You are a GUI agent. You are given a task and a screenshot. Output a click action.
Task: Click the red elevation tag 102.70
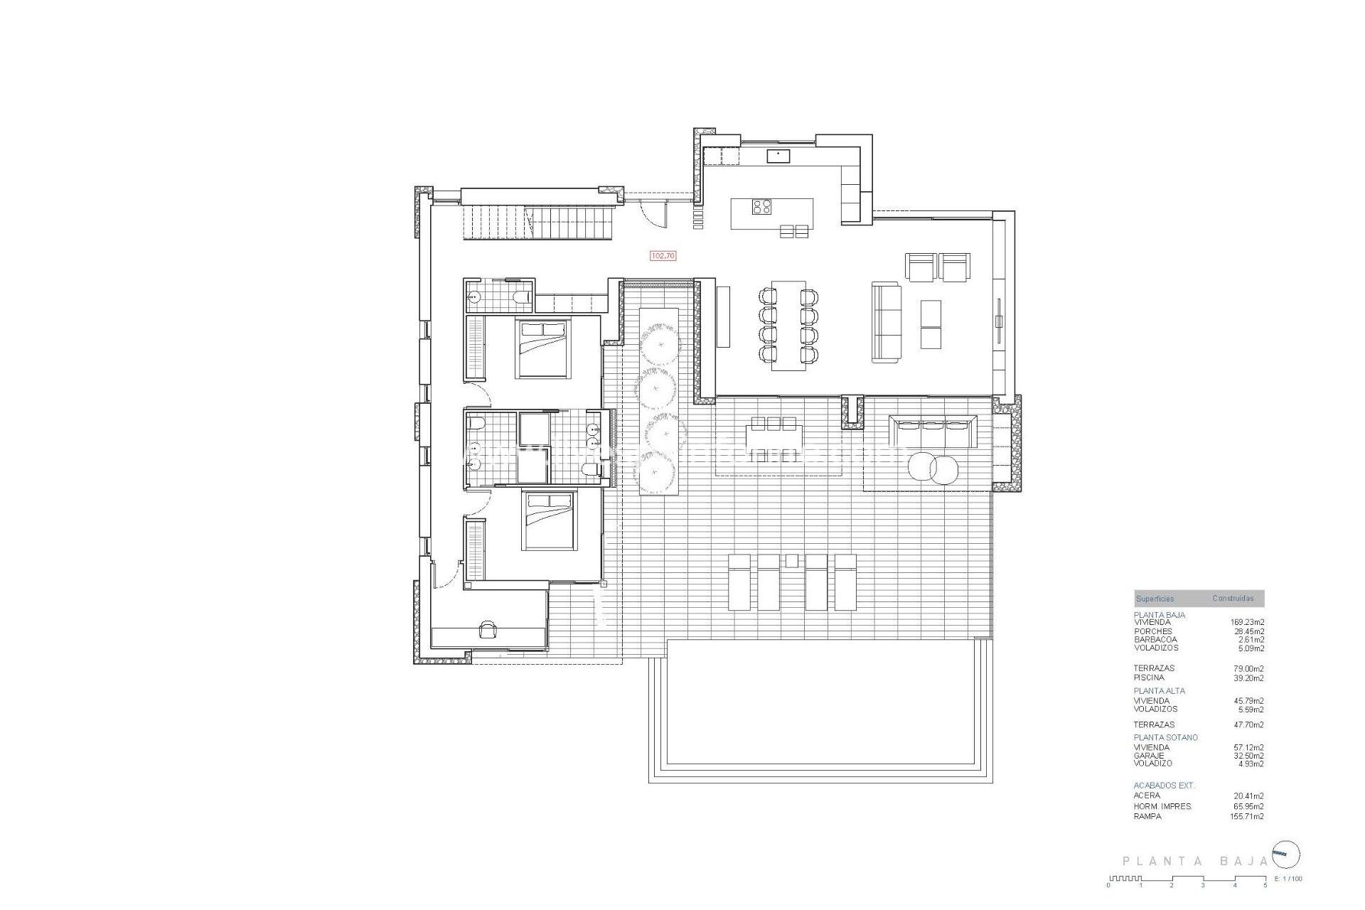coord(663,255)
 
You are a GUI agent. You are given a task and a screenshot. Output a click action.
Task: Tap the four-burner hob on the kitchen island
coord(762,206)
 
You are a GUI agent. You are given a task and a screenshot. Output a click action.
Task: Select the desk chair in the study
coord(488,629)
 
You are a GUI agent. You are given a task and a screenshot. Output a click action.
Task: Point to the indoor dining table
coord(788,325)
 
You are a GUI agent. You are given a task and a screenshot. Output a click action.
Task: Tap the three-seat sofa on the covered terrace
coord(933,432)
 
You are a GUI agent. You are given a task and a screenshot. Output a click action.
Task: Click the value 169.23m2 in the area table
coord(1247,622)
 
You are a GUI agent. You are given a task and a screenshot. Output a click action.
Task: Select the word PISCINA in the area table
coord(1150,678)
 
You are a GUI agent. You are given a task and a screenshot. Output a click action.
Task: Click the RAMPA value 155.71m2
coord(1248,816)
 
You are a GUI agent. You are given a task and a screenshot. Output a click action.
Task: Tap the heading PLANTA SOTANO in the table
coord(1165,737)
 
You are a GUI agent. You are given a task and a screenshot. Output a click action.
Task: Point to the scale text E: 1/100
coord(1289,879)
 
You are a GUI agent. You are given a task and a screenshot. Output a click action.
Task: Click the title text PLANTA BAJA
coord(1195,861)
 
